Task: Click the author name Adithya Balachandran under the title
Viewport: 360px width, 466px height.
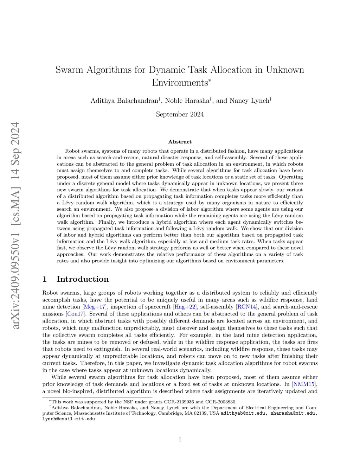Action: click(124, 101)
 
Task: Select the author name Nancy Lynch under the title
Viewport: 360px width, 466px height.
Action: click(249, 101)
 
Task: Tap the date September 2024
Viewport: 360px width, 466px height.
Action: click(180, 114)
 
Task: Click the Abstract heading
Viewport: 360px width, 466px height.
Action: click(180, 142)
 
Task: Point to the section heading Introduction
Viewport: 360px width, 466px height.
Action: click(83, 279)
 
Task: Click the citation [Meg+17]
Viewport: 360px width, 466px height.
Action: click(94, 307)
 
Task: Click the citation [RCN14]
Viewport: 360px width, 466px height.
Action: click(247, 307)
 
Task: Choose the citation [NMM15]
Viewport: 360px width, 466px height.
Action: click(304, 384)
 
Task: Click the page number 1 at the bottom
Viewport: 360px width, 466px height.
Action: click(180, 439)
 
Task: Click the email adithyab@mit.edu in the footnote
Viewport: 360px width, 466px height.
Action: click(243, 413)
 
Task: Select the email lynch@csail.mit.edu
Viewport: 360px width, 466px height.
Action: click(69, 419)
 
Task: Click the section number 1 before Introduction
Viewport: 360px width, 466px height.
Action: click(45, 279)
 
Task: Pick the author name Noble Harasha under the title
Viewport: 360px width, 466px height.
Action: click(187, 101)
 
